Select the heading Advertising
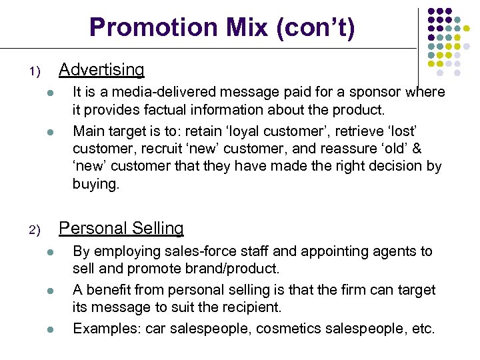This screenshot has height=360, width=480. [101, 69]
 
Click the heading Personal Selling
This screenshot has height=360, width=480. [121, 228]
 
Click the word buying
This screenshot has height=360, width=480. [95, 185]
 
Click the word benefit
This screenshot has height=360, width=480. [106, 289]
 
